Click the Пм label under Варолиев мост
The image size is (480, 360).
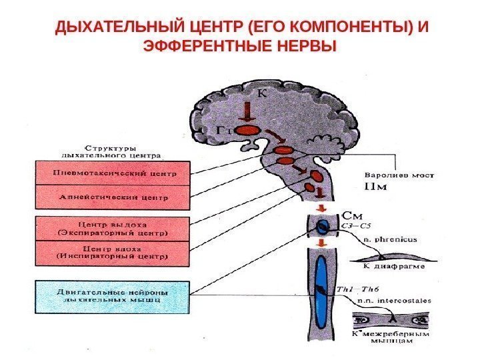click(377, 189)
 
